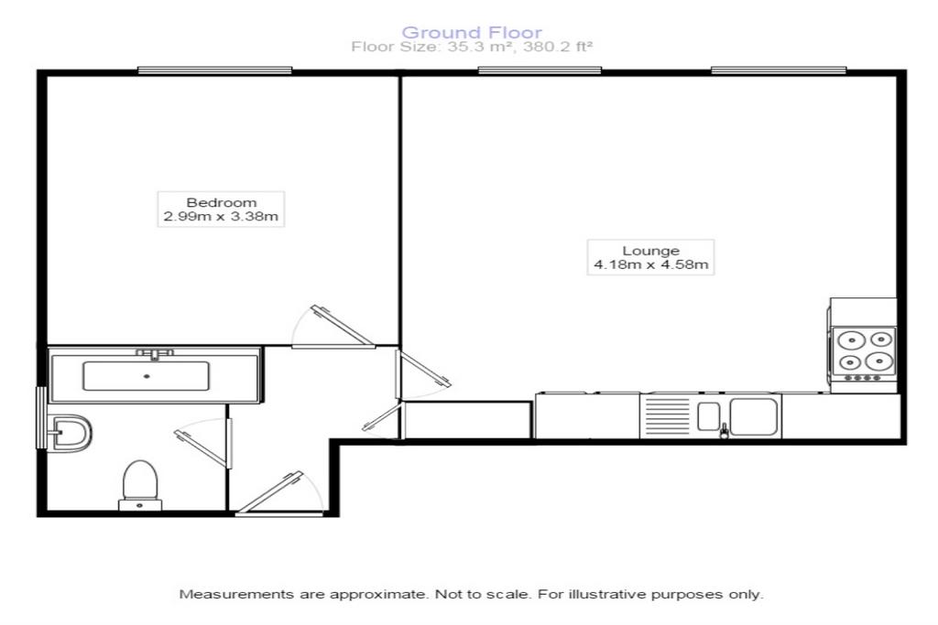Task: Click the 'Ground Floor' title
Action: pos(472,32)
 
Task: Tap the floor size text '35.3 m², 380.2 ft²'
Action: pos(520,47)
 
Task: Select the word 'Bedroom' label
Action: pos(222,202)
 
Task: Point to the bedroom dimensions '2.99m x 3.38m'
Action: pos(221,216)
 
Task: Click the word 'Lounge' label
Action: pos(651,251)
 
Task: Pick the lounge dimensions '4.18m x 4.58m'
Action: pos(651,264)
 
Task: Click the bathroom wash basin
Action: pos(71,433)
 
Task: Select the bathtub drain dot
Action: pos(147,376)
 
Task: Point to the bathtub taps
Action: pos(154,354)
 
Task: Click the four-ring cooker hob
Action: pos(865,353)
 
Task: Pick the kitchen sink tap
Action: pos(724,430)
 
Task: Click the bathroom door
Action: pos(203,443)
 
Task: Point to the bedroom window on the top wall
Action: pos(214,70)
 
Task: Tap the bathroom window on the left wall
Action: pos(40,417)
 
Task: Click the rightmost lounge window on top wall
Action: pos(779,70)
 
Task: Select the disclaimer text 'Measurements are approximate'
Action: pos(302,595)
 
